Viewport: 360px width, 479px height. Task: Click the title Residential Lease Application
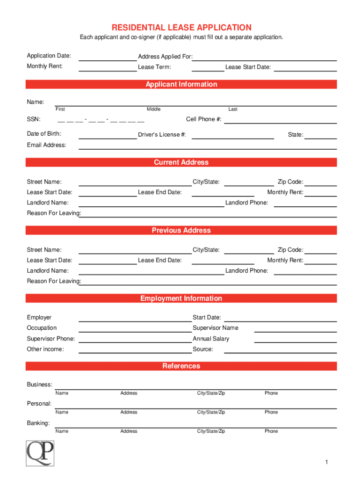(x=181, y=28)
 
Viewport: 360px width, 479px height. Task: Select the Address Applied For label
(x=165, y=57)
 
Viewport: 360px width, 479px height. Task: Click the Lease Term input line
(x=208, y=68)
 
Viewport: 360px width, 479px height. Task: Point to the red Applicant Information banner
(x=181, y=84)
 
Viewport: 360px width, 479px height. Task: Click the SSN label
(x=34, y=119)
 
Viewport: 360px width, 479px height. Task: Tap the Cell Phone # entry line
(x=281, y=121)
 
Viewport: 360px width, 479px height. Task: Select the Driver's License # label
(x=162, y=135)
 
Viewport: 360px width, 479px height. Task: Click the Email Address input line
(x=208, y=146)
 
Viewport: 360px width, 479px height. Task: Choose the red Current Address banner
(x=181, y=162)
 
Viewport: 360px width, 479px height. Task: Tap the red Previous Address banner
(x=181, y=230)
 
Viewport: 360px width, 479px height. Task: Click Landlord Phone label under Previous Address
(x=247, y=271)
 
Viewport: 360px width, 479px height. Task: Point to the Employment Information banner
(x=181, y=298)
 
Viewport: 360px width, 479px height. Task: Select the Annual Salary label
(x=211, y=339)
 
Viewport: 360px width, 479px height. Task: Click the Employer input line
(x=135, y=319)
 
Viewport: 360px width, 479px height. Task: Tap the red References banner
(x=181, y=366)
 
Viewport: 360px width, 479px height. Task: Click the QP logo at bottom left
(x=40, y=453)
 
